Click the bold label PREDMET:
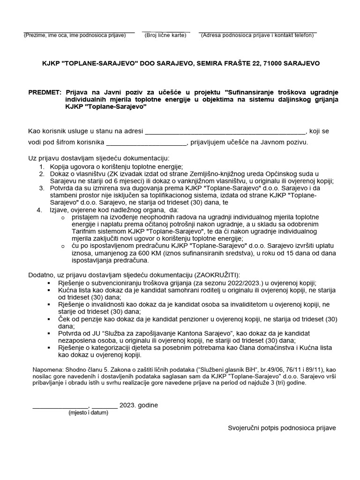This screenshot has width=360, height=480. pos(45,92)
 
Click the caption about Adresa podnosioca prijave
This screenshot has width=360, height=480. pos(258,35)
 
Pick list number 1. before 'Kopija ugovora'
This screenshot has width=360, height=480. pos(41,166)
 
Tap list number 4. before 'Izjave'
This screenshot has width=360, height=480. pos(39,210)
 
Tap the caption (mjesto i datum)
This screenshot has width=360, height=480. pos(88,412)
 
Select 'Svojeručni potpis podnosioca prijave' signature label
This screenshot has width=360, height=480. pos(282,427)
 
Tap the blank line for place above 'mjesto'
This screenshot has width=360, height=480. pos(60,406)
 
